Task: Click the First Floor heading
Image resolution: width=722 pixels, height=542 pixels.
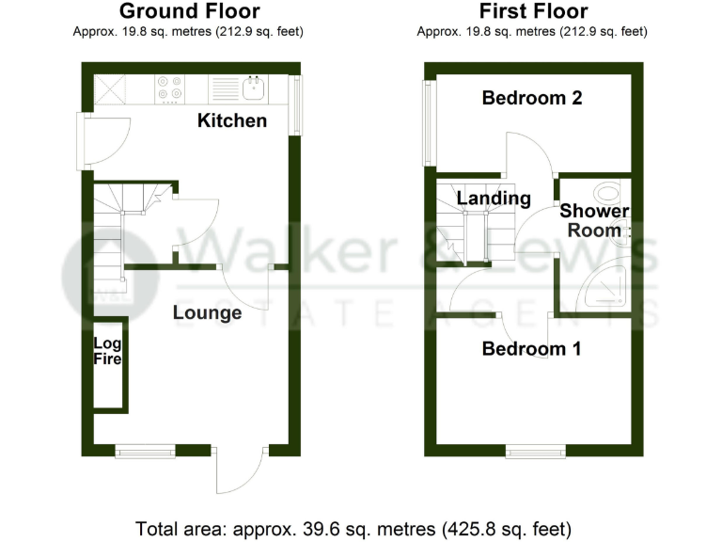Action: coord(533,11)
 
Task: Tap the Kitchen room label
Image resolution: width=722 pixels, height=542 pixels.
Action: coord(231,120)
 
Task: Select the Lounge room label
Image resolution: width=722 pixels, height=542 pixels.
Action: coord(207,313)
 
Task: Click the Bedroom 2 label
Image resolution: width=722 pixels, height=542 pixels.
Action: coord(532,97)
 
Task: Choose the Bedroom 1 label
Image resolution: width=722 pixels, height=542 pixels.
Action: coord(531,349)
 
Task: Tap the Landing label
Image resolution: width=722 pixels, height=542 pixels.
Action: coord(494,199)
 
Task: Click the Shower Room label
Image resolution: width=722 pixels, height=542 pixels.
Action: coord(594,221)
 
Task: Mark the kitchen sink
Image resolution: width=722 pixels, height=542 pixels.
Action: coord(253,89)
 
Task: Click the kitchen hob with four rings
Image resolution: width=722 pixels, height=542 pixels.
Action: coord(170,88)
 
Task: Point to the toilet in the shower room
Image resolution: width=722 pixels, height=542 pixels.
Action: coord(613,194)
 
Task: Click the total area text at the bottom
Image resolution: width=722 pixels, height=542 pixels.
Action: coord(353,528)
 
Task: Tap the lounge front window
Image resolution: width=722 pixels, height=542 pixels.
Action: coord(145,451)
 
